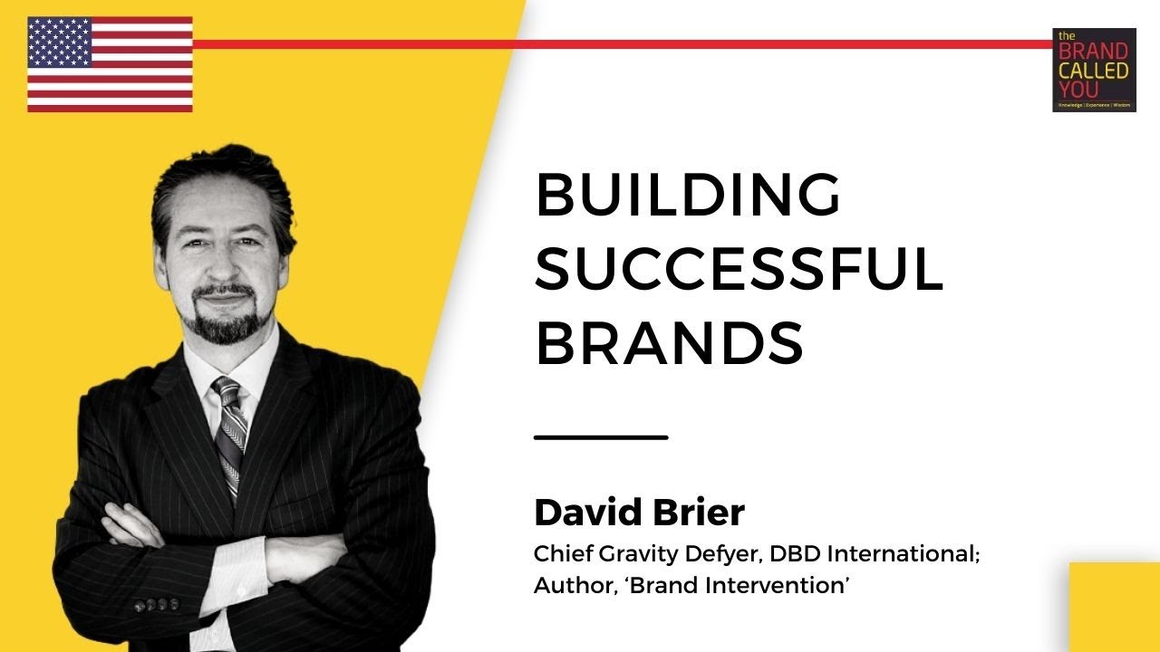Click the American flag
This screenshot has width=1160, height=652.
110,64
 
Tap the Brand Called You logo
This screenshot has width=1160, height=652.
1094,70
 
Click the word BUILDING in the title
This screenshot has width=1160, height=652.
688,196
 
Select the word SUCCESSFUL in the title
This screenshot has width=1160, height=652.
739,269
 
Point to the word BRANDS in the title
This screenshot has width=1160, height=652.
669,343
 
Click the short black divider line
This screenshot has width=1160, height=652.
601,437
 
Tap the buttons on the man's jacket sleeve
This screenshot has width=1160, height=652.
156,604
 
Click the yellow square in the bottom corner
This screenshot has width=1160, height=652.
1114,607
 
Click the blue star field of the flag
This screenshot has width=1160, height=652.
60,42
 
